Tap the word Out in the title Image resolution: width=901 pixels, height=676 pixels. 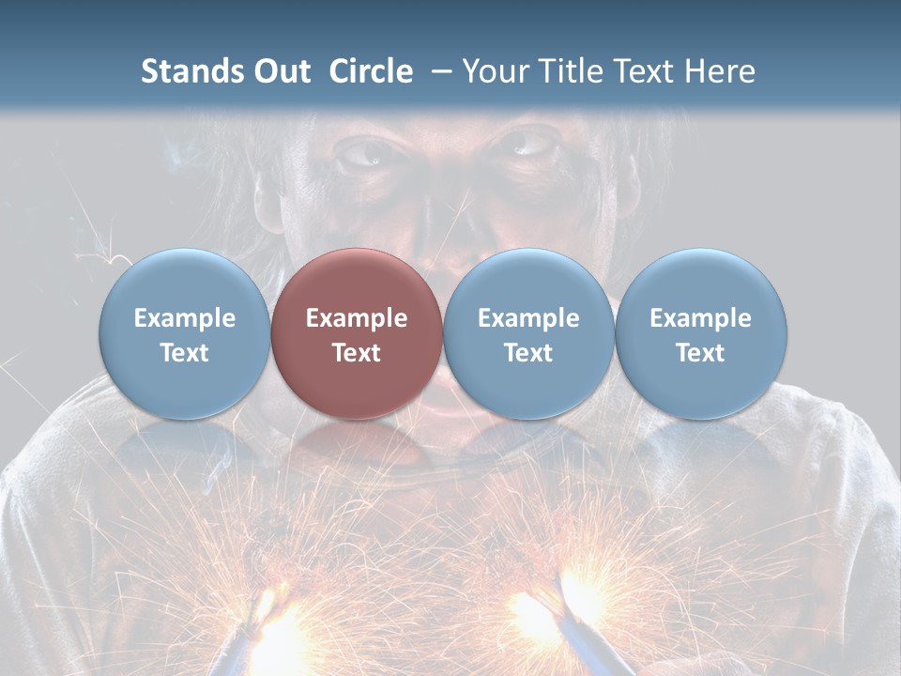click(x=280, y=71)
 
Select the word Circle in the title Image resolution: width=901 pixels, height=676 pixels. click(x=371, y=71)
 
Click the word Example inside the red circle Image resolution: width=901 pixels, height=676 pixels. click(x=357, y=318)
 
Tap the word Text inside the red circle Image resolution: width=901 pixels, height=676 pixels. click(x=357, y=353)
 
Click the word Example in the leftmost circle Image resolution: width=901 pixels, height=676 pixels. click(x=184, y=318)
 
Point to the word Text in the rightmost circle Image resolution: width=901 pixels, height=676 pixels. click(x=700, y=353)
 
